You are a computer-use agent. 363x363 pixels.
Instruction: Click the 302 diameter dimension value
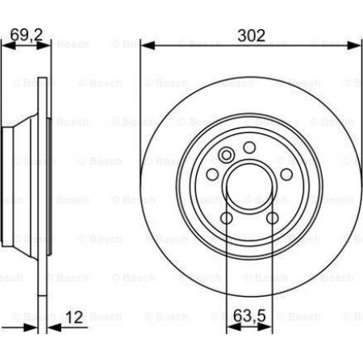[251, 35]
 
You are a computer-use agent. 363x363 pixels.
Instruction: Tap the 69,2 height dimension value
[27, 35]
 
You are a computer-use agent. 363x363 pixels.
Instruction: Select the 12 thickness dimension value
[74, 317]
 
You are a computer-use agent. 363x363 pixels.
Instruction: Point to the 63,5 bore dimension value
[249, 315]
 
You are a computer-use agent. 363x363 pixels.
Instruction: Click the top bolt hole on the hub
[249, 148]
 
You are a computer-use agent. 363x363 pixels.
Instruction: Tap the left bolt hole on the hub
[212, 174]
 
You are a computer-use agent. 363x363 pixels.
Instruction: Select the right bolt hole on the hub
[286, 174]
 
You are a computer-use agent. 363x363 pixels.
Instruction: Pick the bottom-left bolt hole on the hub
[227, 218]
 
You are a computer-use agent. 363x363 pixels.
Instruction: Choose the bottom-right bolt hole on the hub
[273, 218]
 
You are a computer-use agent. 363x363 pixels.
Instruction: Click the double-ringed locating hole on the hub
[226, 155]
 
